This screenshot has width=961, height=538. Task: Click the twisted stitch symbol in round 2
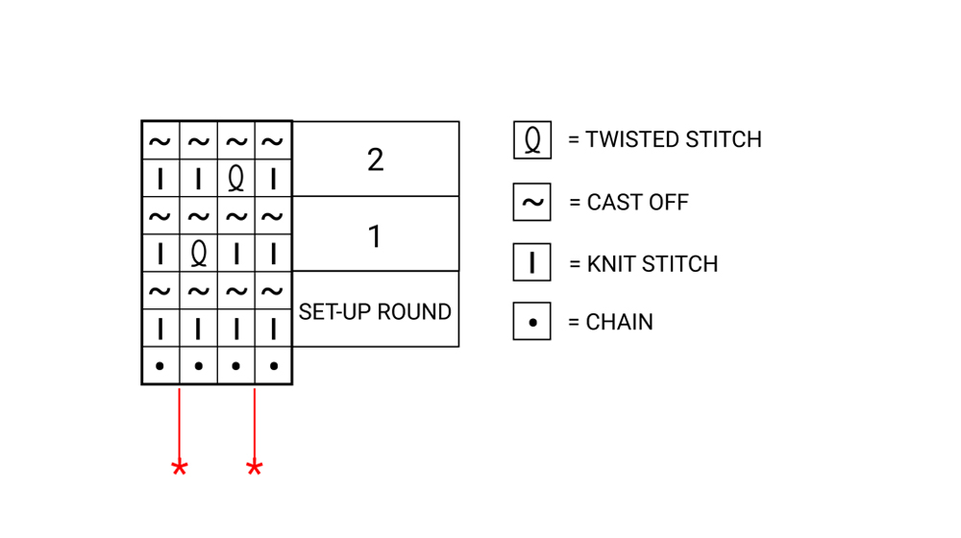235,179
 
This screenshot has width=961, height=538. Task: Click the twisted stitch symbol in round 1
198,254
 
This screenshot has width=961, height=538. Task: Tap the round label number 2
375,159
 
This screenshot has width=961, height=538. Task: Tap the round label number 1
375,234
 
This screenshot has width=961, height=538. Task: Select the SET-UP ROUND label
375,311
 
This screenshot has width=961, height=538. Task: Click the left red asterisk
180,469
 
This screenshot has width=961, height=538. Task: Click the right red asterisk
255,469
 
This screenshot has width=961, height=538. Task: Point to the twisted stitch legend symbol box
531,140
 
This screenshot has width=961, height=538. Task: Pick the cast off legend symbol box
531,203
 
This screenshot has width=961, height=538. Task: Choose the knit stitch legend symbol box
531,262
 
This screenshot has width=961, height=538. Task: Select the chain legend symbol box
531,322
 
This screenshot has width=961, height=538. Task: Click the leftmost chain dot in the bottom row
160,366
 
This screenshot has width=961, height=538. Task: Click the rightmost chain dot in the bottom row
274,366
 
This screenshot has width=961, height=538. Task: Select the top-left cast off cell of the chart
160,142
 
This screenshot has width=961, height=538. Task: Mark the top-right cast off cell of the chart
274,142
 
